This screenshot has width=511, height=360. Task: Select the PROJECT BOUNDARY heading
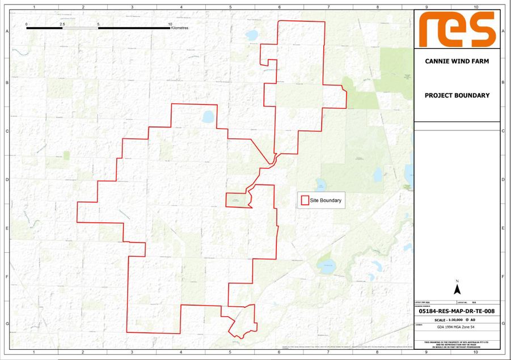[457, 95]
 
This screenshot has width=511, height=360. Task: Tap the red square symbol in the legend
[305, 200]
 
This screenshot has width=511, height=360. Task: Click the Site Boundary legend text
[326, 200]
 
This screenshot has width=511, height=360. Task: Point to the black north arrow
[457, 290]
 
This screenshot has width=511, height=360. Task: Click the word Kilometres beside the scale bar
[179, 28]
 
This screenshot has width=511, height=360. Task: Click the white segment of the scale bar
[80, 28]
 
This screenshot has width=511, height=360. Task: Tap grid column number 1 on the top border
[35, 7]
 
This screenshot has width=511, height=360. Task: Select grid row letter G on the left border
[6, 323]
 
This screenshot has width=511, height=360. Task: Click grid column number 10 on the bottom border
[475, 353]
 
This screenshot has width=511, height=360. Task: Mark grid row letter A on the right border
[504, 32]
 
